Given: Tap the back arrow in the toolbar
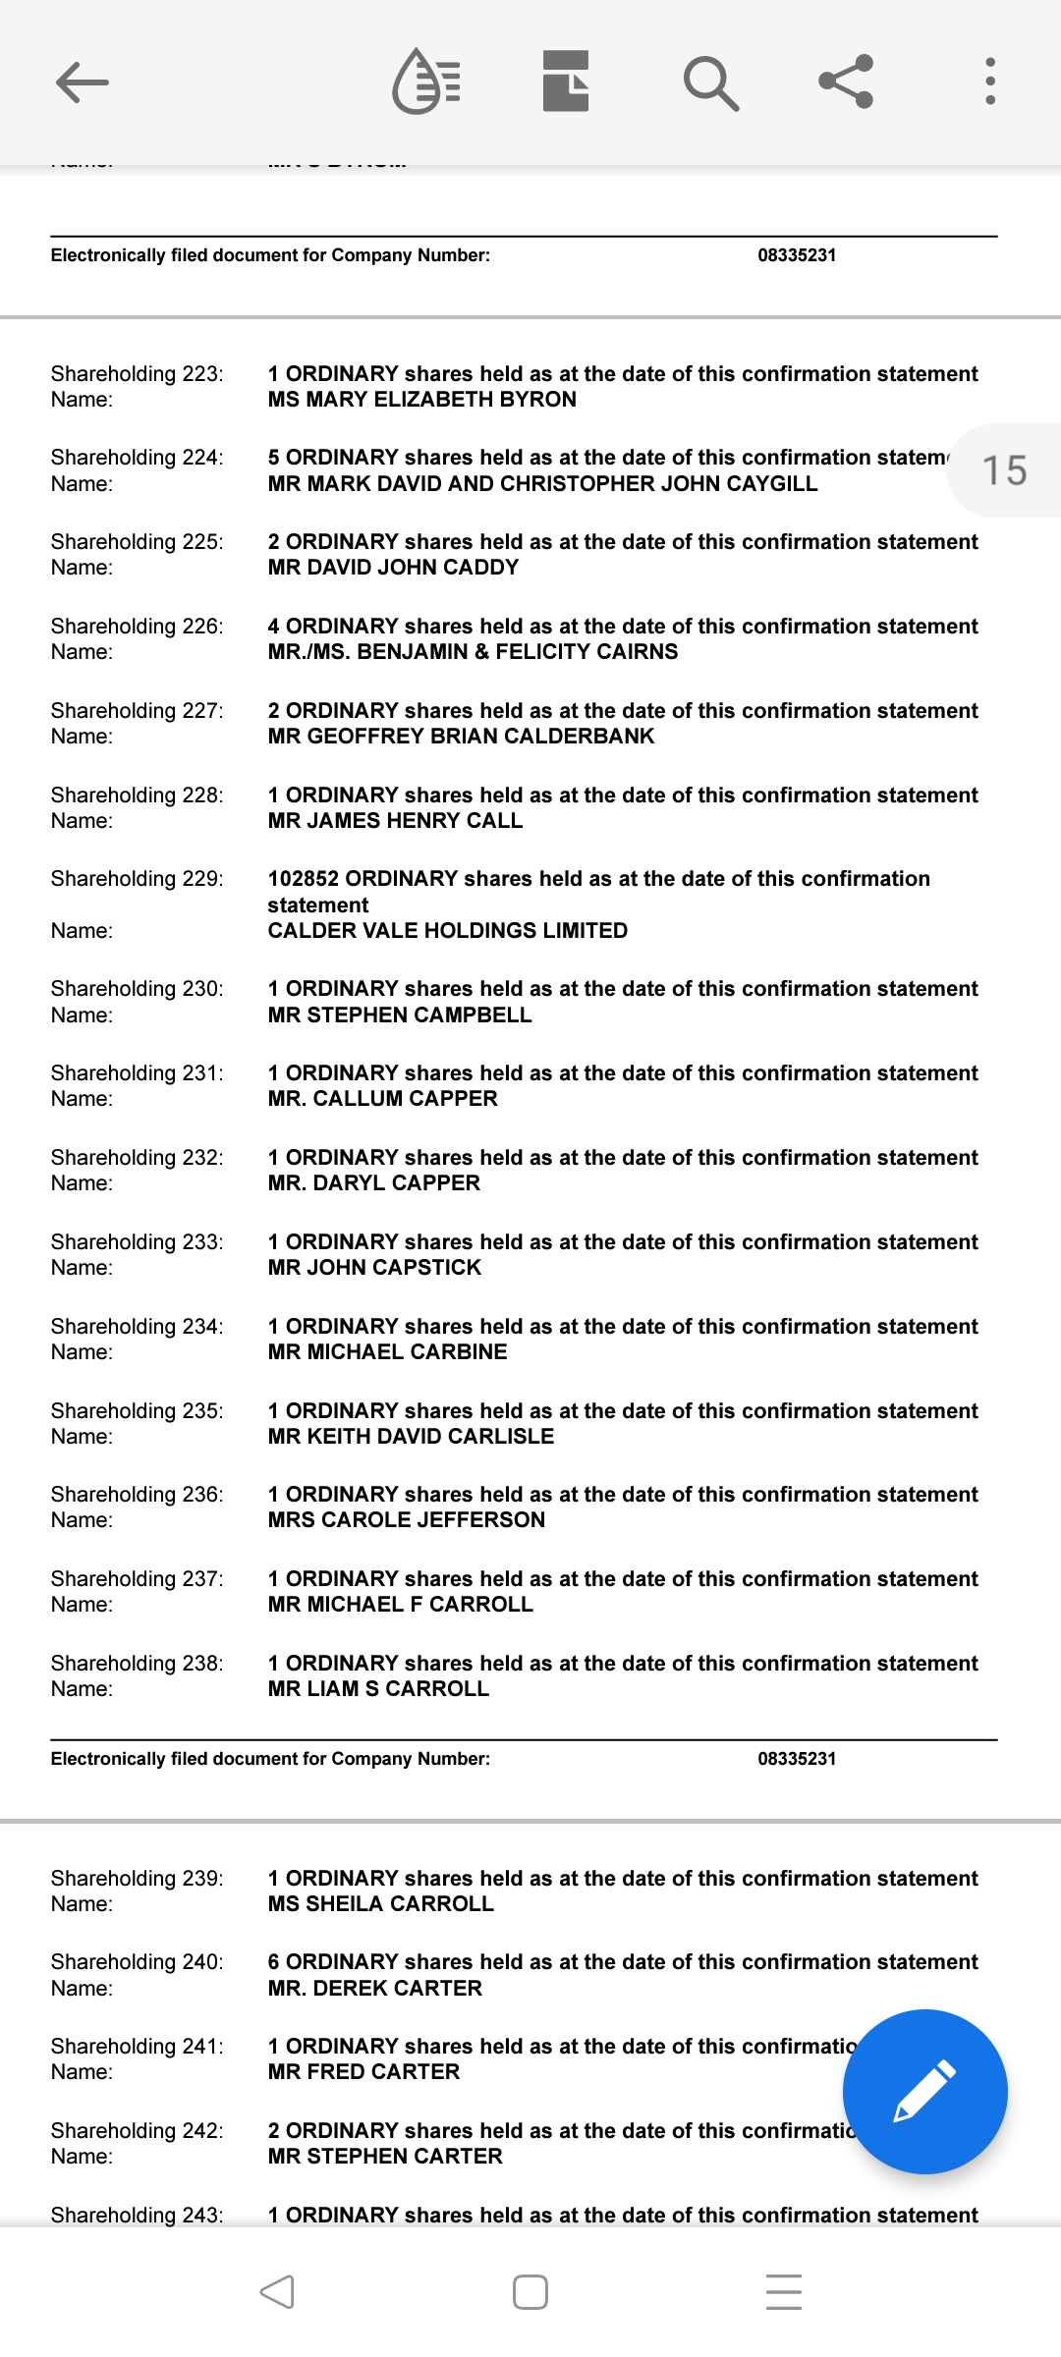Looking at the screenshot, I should tap(83, 82).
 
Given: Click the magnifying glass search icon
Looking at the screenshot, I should tap(710, 82).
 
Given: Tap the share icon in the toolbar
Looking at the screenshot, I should tap(846, 82).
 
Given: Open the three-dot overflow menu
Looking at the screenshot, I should tap(989, 82).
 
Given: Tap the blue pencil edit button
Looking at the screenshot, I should tap(924, 2091).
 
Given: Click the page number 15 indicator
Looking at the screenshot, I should tap(1004, 470).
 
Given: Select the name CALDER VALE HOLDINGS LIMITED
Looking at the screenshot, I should tap(447, 930).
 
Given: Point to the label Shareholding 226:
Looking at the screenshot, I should tap(137, 626).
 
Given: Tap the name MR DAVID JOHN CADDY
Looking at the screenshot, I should tap(393, 567).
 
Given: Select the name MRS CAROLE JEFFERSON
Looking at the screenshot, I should tap(406, 1519).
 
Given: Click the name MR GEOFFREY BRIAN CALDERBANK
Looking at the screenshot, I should tap(461, 736).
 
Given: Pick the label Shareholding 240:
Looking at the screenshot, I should tap(137, 1961).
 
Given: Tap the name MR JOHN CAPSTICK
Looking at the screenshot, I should tap(374, 1267).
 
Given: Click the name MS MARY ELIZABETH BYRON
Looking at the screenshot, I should tap(421, 399).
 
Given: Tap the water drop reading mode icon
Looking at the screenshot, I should tap(426, 82).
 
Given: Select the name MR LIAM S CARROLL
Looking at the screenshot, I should tap(378, 1688).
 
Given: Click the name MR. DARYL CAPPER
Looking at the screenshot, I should tap(373, 1182).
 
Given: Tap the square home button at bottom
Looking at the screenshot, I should tap(530, 2292).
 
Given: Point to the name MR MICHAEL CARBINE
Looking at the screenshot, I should tap(387, 1351).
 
